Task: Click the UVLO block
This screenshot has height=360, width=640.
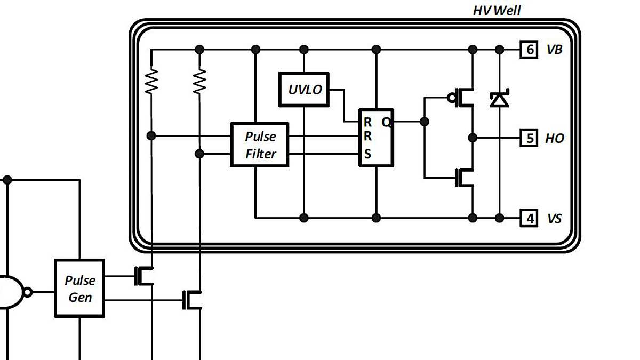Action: tap(304, 89)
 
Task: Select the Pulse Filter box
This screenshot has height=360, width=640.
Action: tap(260, 145)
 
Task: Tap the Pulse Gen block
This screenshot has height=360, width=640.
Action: tap(79, 288)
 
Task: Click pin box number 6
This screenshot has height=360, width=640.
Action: tap(529, 50)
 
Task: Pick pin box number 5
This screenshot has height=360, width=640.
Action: tap(529, 138)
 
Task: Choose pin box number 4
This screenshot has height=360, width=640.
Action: tap(529, 219)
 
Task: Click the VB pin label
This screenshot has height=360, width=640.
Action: tap(554, 50)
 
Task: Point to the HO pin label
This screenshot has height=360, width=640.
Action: tap(554, 138)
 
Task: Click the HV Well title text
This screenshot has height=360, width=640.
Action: tap(497, 10)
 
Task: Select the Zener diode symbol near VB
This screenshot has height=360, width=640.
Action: tap(499, 99)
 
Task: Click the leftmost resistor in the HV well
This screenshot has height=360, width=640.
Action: tap(151, 81)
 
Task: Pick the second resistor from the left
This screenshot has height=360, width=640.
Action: tap(199, 81)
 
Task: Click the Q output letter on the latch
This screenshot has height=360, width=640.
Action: tap(386, 122)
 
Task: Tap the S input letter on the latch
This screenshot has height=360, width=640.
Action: tap(367, 155)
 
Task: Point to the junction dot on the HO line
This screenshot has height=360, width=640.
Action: tap(473, 138)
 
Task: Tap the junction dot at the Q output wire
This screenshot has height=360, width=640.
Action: tap(425, 122)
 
